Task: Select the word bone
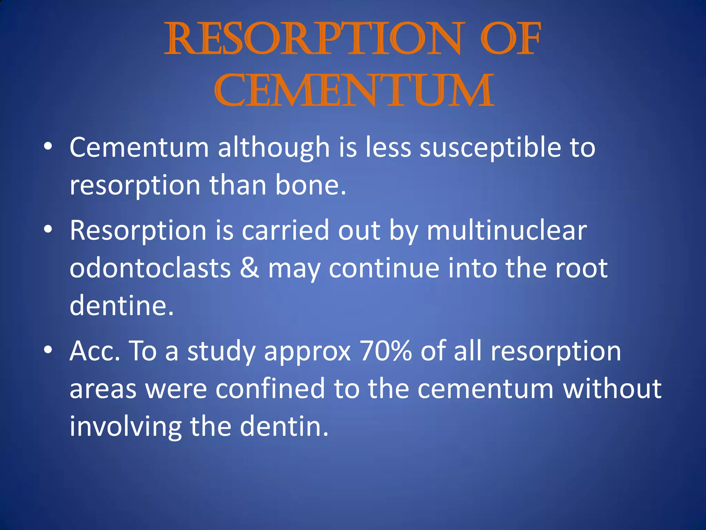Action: click(310, 185)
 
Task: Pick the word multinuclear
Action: click(507, 230)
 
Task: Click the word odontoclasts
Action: click(150, 268)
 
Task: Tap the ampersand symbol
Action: click(249, 268)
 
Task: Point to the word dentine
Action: click(121, 306)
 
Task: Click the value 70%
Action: click(385, 351)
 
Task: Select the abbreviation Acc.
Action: click(95, 351)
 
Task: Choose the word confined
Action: click(270, 389)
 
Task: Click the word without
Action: click(612, 389)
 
